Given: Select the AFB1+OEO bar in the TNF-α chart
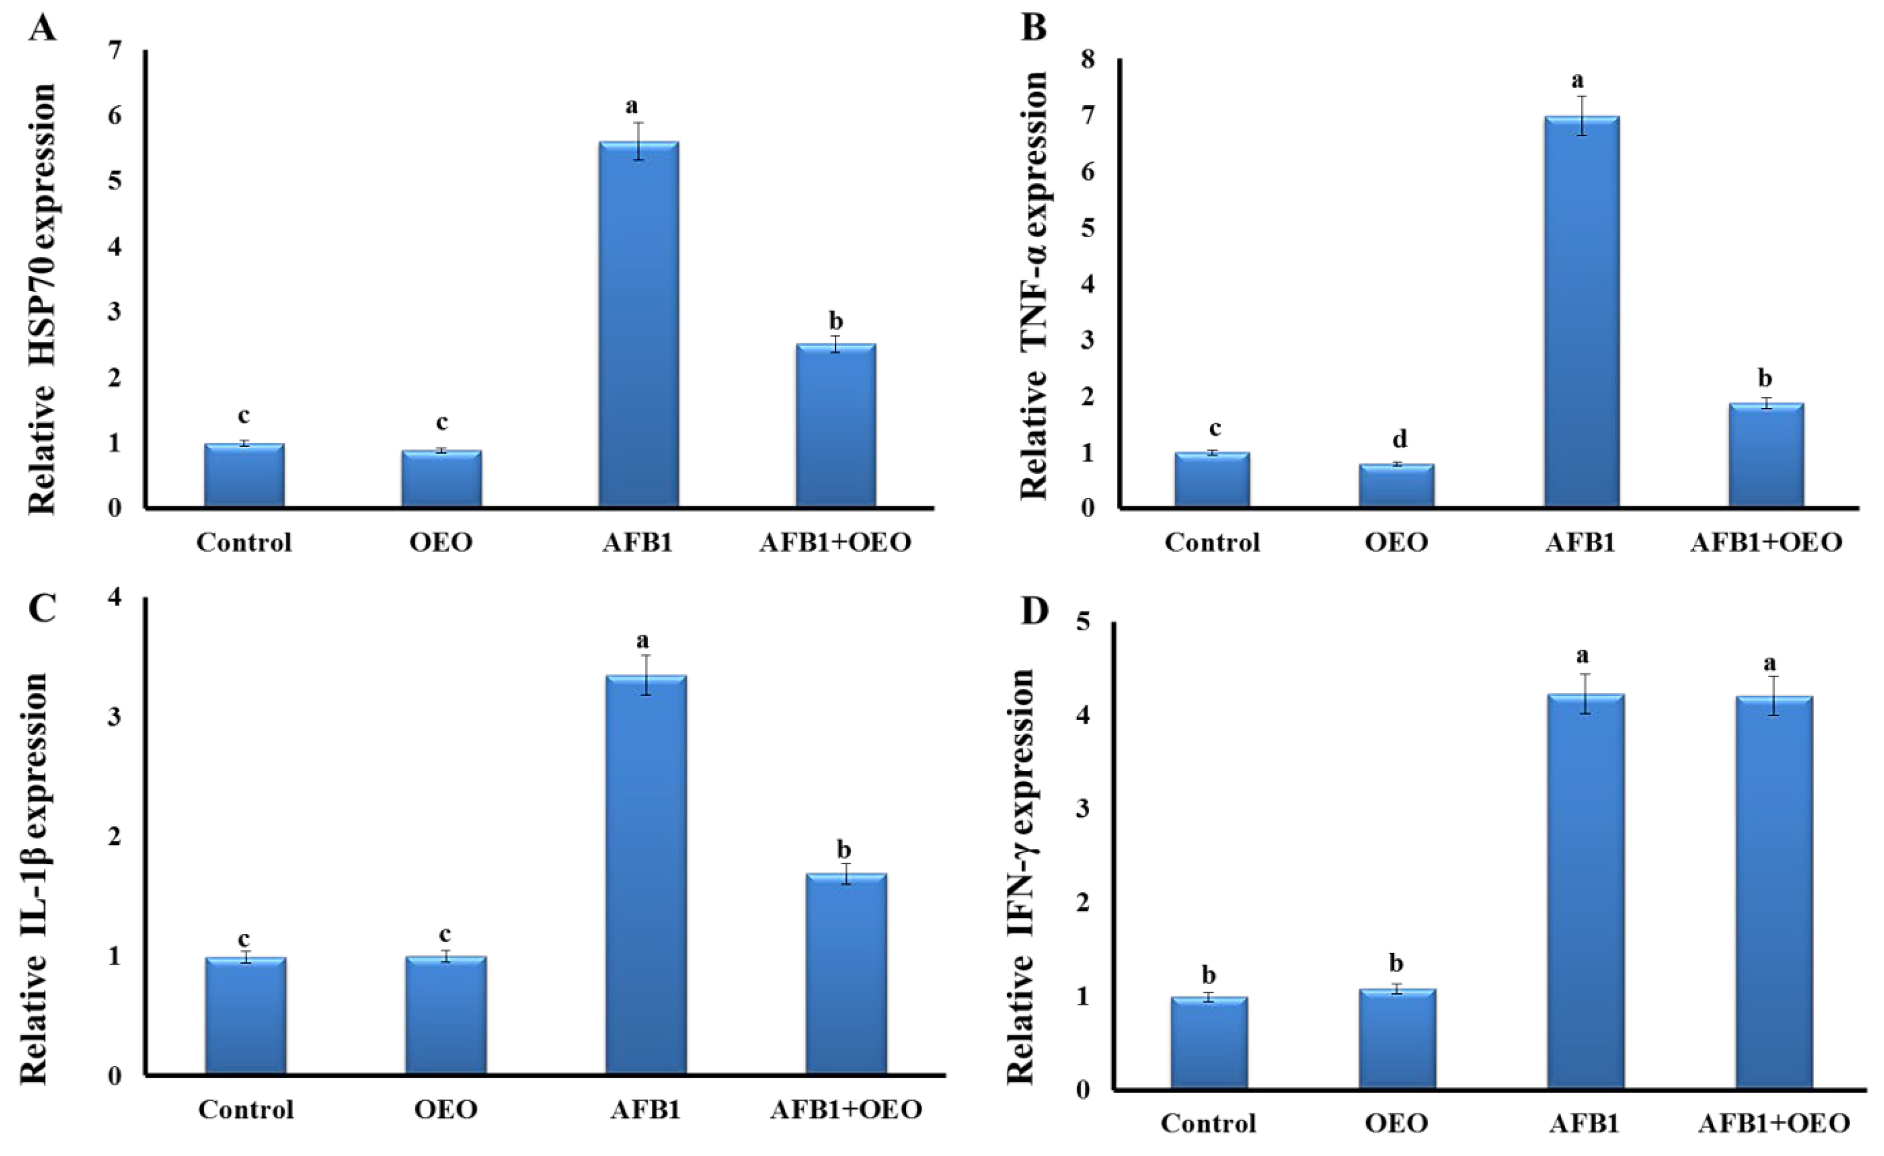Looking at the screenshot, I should coord(1766,455).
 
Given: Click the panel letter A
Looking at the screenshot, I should coord(43,29).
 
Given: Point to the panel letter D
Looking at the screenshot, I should coord(1036,612).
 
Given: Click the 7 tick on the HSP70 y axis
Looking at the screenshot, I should coord(115,51).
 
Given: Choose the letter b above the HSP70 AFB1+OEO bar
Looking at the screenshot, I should coord(836,321).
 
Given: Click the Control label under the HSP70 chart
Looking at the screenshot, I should coord(244,543).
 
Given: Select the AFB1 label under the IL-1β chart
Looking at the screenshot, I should coord(645,1109).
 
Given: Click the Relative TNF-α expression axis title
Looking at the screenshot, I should coord(1034,284).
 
